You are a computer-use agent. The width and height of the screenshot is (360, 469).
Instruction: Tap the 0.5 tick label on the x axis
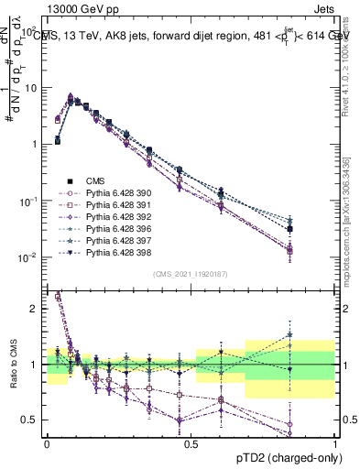pos(191,443)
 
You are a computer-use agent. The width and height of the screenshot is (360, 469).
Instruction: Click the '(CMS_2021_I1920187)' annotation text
pos(191,274)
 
